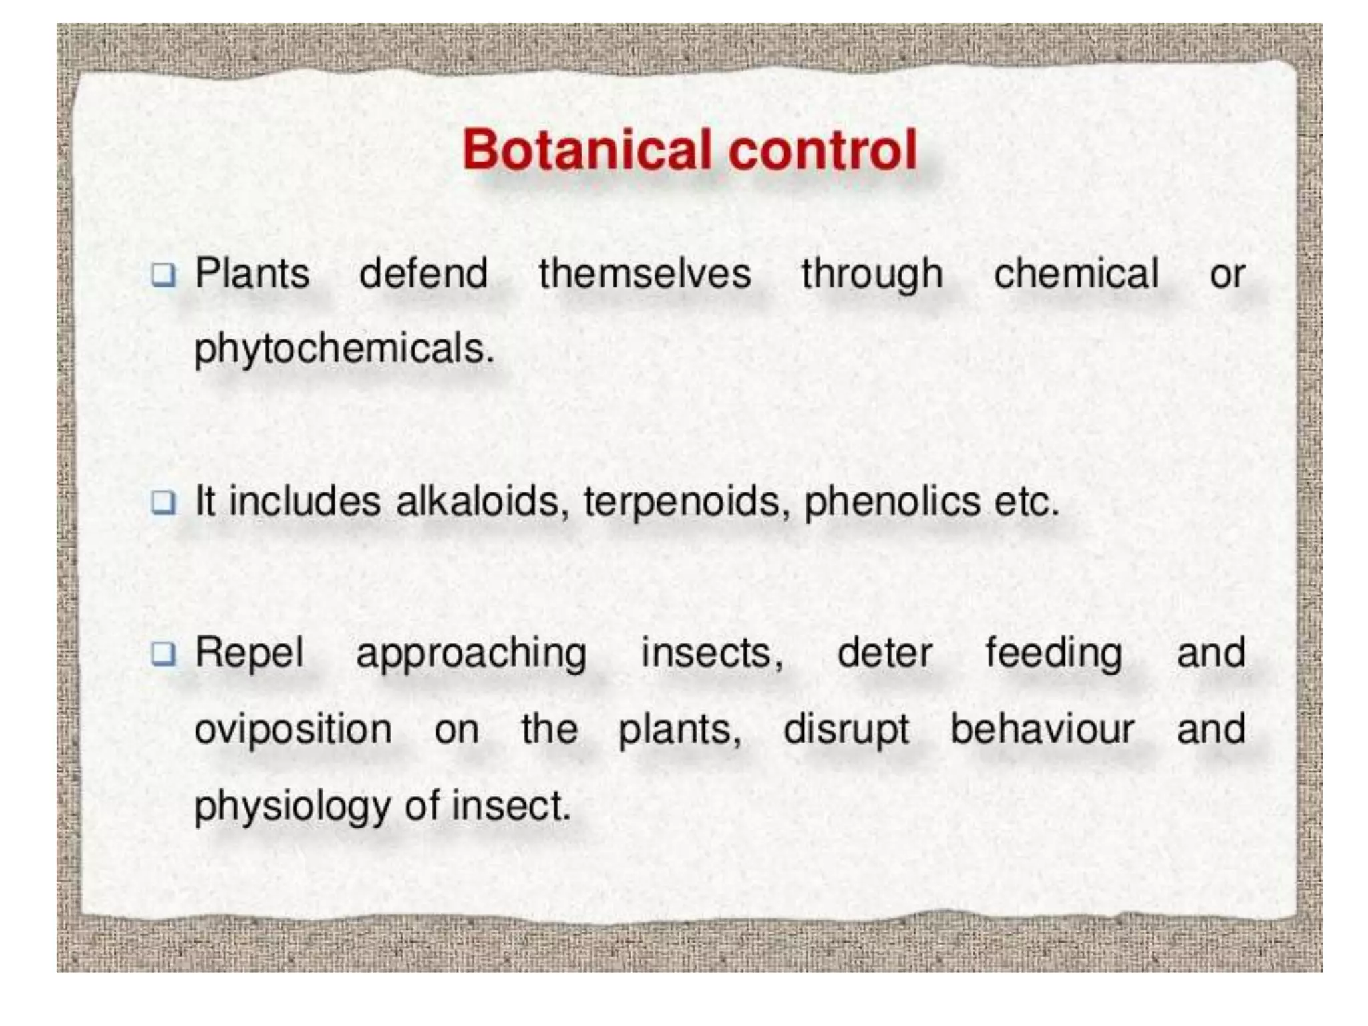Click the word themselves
[645, 274]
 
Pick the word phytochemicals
[344, 349]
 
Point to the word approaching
[471, 654]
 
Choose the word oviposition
[293, 729]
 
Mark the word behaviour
[1042, 729]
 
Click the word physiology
[292, 806]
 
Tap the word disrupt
[846, 730]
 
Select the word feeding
[1053, 654]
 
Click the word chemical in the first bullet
[1076, 274]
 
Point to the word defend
[423, 274]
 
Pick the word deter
[884, 653]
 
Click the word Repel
[249, 653]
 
